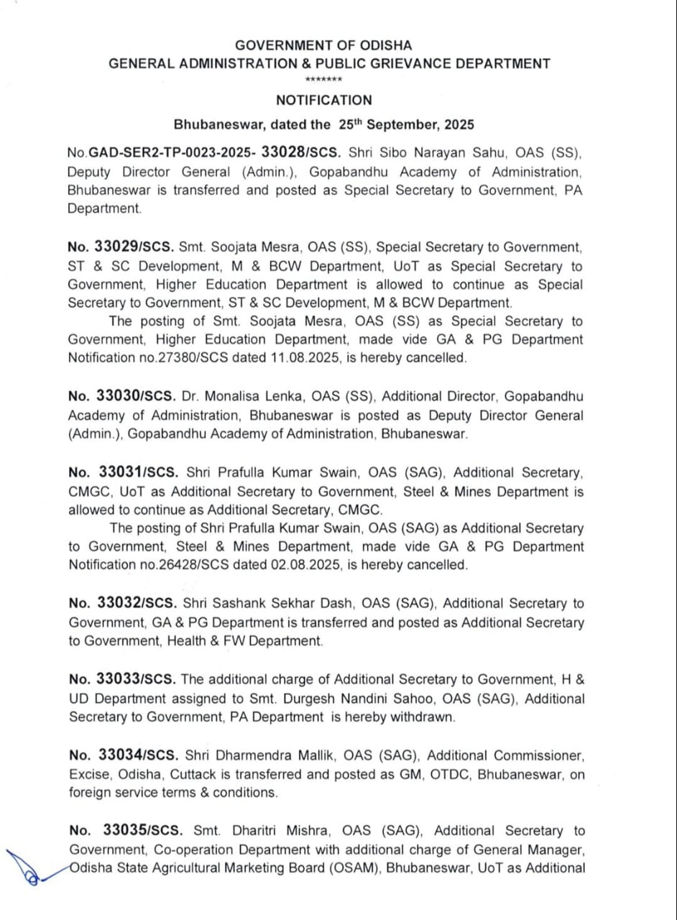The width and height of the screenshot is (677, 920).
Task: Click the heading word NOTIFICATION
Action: [324, 101]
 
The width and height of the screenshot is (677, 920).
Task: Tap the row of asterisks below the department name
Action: [323, 79]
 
